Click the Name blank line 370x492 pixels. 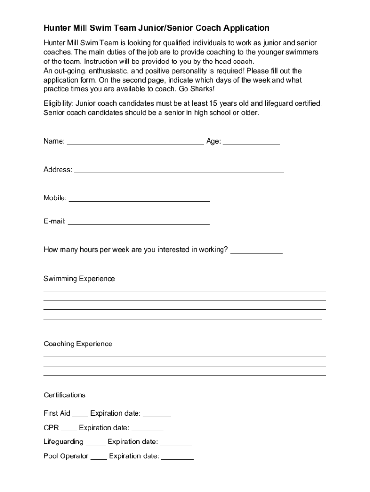point(135,142)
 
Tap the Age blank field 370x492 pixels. point(251,142)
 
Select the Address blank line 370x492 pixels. point(179,170)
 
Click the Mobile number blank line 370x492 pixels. point(140,199)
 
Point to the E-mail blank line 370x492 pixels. point(139,222)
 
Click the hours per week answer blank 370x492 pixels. point(256,251)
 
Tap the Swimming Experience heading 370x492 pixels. point(79,279)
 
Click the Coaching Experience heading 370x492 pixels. point(78,344)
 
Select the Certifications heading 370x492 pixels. point(64,395)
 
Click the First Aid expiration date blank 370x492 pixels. point(157,414)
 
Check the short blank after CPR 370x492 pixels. point(69,428)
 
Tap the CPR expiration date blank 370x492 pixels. point(148,428)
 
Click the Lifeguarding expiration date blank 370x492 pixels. point(176,443)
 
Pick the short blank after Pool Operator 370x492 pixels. point(99,457)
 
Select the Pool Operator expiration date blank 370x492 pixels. point(177,457)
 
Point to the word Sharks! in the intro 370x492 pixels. point(202,89)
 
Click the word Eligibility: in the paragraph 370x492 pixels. point(59,103)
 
